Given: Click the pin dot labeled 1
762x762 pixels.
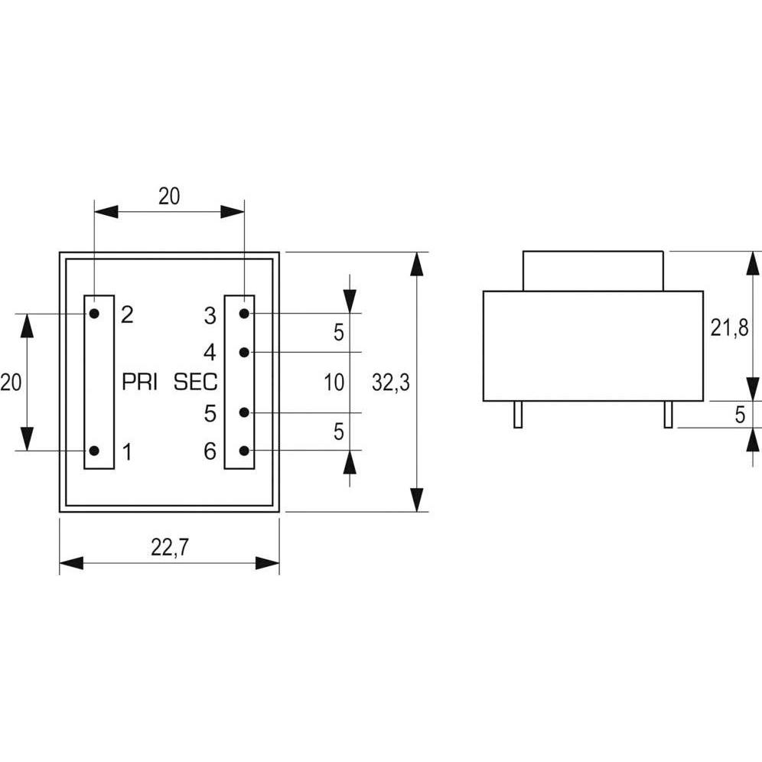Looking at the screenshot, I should (x=94, y=451).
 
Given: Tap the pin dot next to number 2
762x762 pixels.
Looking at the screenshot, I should (x=94, y=314).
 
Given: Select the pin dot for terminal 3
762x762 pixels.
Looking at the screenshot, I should (x=244, y=314).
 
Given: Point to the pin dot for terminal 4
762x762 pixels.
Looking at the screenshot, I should (x=244, y=352).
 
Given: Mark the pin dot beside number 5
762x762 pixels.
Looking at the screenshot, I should (x=244, y=413).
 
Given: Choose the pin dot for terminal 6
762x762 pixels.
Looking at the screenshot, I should (x=244, y=451).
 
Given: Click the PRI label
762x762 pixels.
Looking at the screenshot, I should (x=139, y=383).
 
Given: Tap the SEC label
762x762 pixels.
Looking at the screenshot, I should (x=196, y=383).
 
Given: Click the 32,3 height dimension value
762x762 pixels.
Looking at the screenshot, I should (x=391, y=383).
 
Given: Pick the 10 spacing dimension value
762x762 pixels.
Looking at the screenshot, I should (x=334, y=383).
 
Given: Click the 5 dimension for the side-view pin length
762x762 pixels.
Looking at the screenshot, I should (x=740, y=415).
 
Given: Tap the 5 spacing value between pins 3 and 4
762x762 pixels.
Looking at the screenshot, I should (x=338, y=333).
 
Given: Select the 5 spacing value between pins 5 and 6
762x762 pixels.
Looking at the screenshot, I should (x=338, y=432).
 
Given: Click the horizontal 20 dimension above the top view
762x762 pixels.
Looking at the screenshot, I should (x=169, y=197).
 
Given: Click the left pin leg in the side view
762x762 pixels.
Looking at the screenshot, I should (x=518, y=414).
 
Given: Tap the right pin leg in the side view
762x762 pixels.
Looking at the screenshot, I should (x=668, y=414).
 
